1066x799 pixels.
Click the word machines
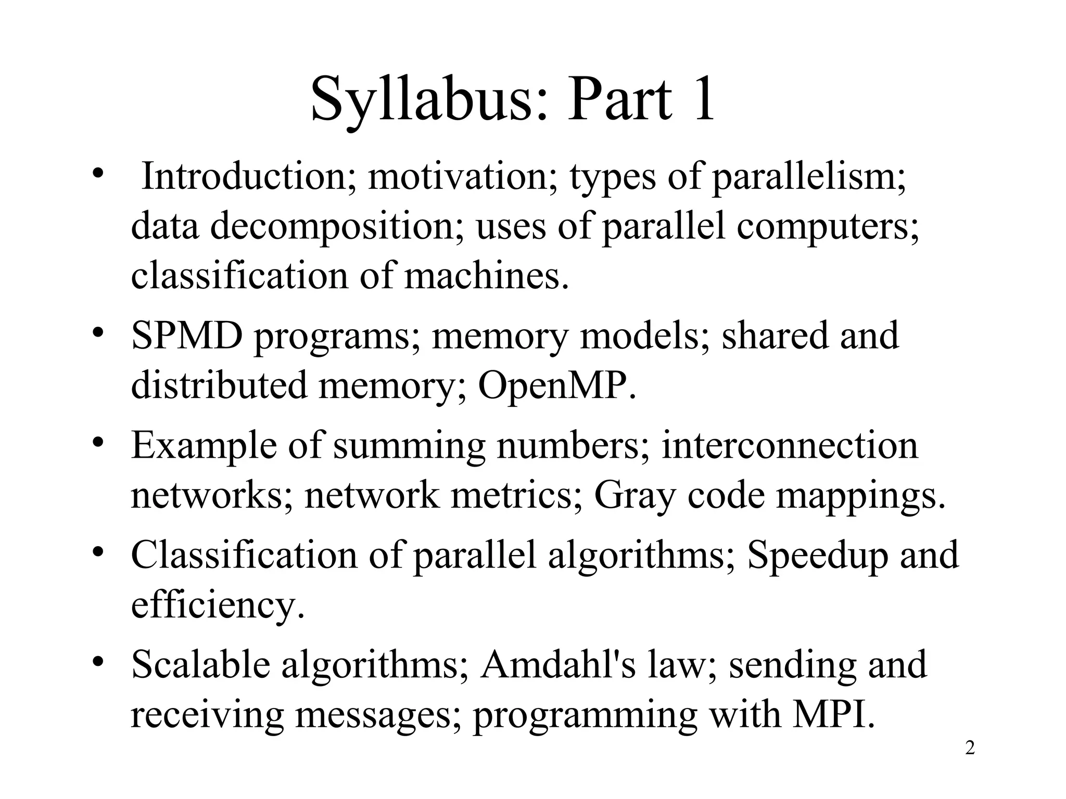point(486,276)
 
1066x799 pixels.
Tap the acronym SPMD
point(187,336)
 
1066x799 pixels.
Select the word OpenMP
point(556,385)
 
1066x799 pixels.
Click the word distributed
point(219,385)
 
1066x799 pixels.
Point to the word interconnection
point(790,445)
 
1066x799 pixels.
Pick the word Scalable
point(200,665)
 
